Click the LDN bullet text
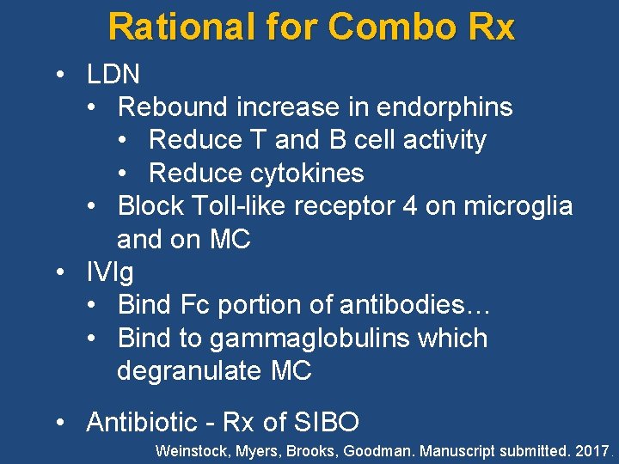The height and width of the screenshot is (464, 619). pos(113,74)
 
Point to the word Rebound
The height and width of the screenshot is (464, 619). pos(173,107)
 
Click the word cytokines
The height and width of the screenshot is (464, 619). pos(307,173)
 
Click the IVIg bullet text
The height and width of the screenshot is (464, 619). pos(110,272)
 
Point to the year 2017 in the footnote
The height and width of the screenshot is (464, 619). pos(589,449)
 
